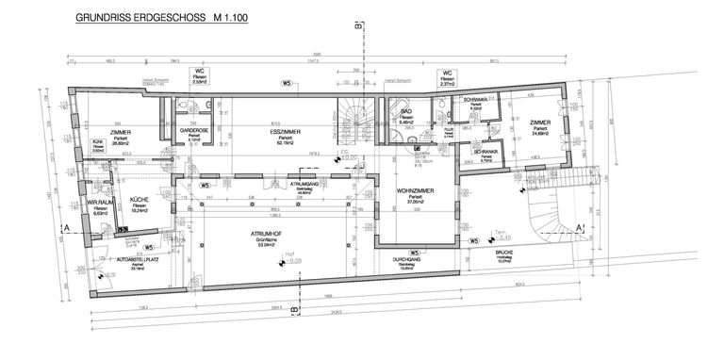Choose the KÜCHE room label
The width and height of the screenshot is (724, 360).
click(x=140, y=200)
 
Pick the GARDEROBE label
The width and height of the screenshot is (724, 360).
click(x=195, y=131)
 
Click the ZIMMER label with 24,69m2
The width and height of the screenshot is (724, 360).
click(x=539, y=123)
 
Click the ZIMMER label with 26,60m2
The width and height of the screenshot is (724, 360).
click(x=119, y=132)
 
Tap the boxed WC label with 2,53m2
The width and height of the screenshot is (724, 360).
click(x=200, y=71)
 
